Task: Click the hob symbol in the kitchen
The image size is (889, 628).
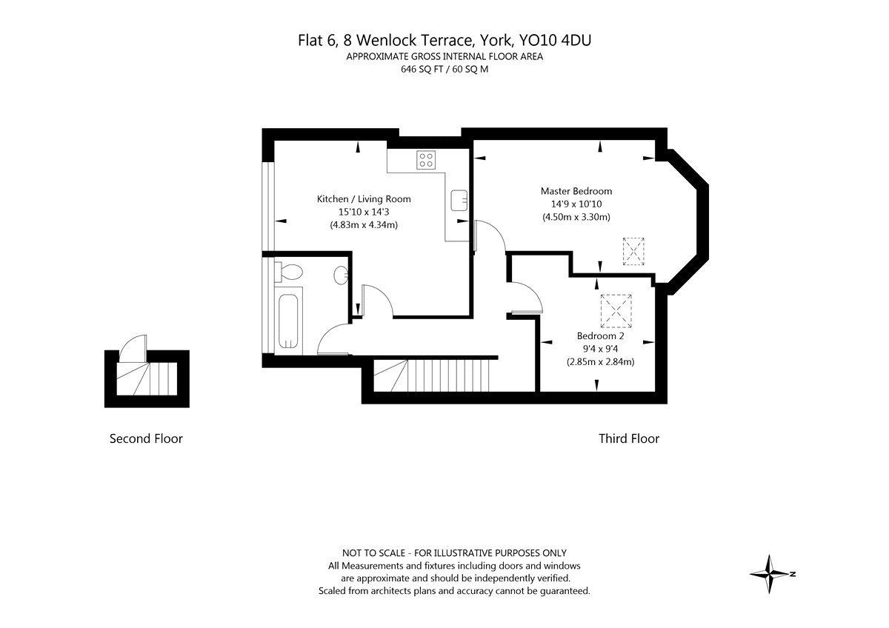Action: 425,160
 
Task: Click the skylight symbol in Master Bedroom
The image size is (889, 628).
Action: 633,251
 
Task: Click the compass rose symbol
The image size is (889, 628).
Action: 771,574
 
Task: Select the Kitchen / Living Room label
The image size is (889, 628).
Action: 364,198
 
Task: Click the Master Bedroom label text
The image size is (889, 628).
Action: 576,191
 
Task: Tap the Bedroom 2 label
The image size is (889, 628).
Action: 600,335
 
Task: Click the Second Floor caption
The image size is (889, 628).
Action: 146,438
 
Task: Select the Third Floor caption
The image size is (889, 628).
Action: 628,438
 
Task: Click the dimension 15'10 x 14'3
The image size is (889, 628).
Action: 364,212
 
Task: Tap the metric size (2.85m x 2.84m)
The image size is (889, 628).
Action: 600,362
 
